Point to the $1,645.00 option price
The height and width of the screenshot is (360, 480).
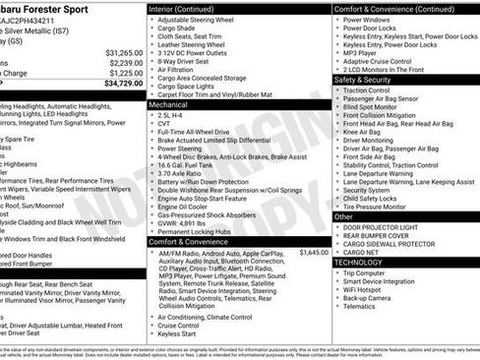(x=313, y=253)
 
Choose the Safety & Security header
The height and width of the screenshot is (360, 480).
(x=368, y=80)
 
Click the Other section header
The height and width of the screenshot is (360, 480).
(x=344, y=216)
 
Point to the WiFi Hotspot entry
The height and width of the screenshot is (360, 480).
(x=367, y=292)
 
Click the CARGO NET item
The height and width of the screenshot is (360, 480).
(x=365, y=252)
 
